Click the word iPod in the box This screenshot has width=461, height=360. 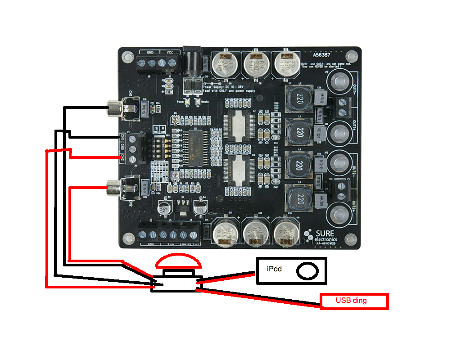(274, 269)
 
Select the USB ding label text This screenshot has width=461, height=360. (351, 301)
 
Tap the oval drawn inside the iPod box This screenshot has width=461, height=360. (308, 270)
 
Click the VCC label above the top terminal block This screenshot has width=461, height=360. (171, 52)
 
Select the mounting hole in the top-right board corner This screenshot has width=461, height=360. (351, 57)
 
